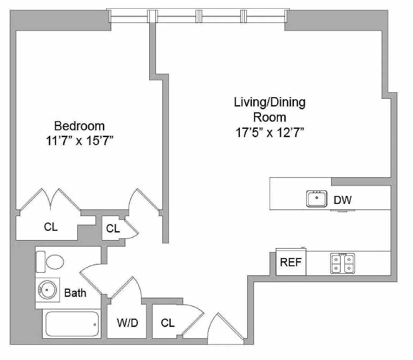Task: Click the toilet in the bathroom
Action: pyautogui.click(x=50, y=262)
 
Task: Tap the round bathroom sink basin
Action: pyautogui.click(x=47, y=290)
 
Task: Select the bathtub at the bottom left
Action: pyautogui.click(x=72, y=324)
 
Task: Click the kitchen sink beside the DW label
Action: pyautogui.click(x=316, y=199)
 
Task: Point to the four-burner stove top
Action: pyautogui.click(x=342, y=264)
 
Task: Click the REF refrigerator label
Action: pyautogui.click(x=291, y=262)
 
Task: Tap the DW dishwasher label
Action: pyautogui.click(x=342, y=200)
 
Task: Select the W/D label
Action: pyautogui.click(x=127, y=323)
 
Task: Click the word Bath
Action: pyautogui.click(x=75, y=293)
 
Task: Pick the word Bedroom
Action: pyautogui.click(x=79, y=126)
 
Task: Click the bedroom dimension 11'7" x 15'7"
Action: pyautogui.click(x=80, y=141)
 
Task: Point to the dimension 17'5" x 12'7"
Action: pyautogui.click(x=270, y=133)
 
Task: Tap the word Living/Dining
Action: pyautogui.click(x=270, y=102)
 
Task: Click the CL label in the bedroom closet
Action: pyautogui.click(x=51, y=227)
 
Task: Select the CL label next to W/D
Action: pyautogui.click(x=168, y=323)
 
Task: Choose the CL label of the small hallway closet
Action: pyautogui.click(x=113, y=228)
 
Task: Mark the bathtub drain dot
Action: pyautogui.click(x=95, y=325)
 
